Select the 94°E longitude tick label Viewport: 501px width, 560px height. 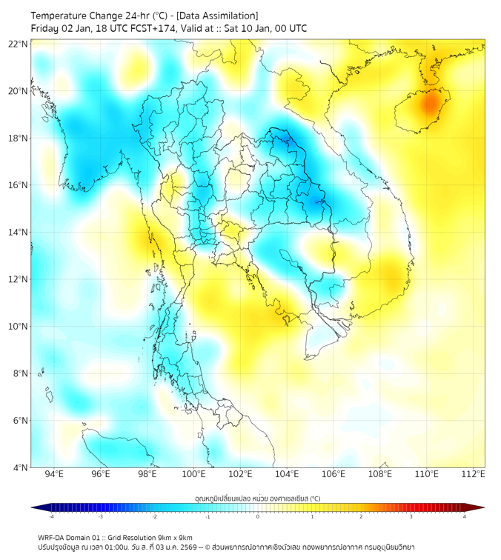click(x=54, y=474)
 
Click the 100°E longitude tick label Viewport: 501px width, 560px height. click(x=193, y=474)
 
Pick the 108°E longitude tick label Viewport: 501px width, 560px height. click(x=380, y=474)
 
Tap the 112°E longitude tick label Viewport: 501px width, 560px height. click(x=474, y=474)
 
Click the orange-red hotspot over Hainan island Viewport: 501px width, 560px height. click(x=431, y=103)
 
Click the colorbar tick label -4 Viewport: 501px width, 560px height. click(x=50, y=516)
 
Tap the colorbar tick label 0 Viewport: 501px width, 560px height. click(x=258, y=516)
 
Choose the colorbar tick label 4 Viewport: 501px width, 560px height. click(x=465, y=516)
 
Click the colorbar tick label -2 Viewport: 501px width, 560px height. click(x=153, y=516)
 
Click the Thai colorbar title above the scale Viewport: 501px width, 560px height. click(x=256, y=498)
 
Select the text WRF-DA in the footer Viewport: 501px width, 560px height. click(x=52, y=537)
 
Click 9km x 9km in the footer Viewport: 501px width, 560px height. click(x=173, y=537)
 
